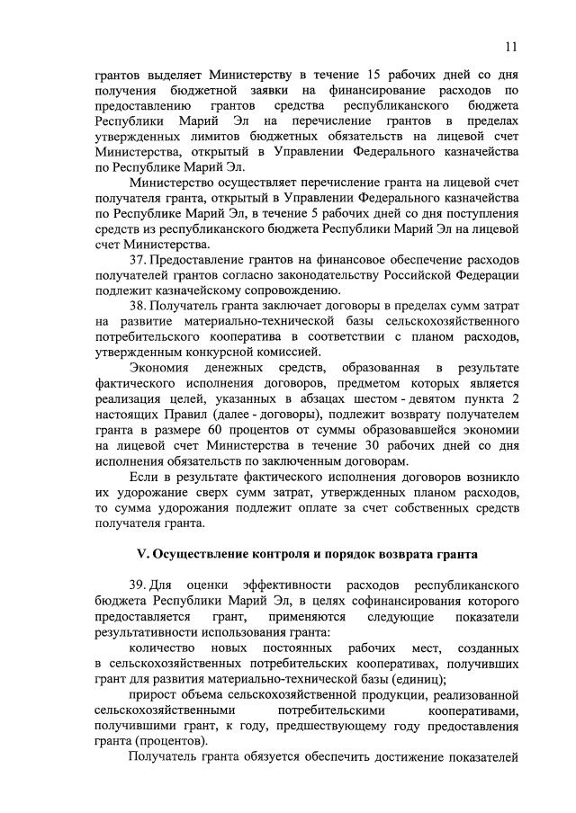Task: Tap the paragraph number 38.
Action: pos(137,307)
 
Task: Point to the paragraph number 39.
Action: pos(137,584)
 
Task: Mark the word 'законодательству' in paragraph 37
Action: pos(332,275)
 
